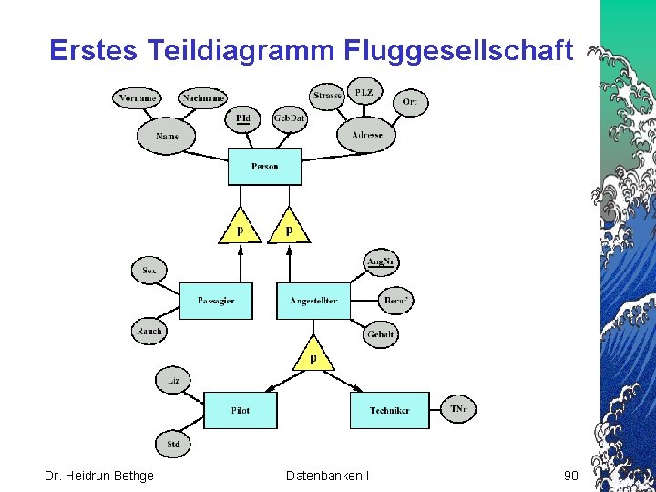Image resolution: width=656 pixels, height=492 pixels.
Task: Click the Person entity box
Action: [264, 167]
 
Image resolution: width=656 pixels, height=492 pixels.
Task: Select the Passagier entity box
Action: [216, 301]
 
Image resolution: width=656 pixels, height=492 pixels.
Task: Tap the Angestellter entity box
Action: [313, 301]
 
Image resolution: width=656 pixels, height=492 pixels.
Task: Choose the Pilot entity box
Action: [240, 410]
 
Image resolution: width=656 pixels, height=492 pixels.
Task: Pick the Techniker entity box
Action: [389, 410]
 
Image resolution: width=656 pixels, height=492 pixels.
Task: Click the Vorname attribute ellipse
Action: [135, 97]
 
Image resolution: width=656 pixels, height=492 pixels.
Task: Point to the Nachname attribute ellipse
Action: [203, 97]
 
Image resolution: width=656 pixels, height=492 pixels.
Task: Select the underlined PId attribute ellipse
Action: [242, 118]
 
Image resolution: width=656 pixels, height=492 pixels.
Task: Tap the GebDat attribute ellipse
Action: [289, 118]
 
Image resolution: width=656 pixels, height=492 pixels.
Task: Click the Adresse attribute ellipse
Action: [367, 135]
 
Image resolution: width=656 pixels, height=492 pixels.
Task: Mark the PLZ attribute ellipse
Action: [364, 93]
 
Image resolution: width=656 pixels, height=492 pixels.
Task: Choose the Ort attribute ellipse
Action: [410, 101]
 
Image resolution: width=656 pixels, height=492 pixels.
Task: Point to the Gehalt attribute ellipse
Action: [380, 334]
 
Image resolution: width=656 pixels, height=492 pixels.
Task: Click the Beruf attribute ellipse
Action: [395, 300]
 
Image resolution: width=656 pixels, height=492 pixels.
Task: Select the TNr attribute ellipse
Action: [457, 410]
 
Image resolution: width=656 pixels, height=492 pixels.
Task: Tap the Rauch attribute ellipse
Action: [149, 331]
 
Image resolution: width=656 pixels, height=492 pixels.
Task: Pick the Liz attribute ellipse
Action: [173, 380]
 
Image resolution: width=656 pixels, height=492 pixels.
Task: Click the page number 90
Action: [571, 475]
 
